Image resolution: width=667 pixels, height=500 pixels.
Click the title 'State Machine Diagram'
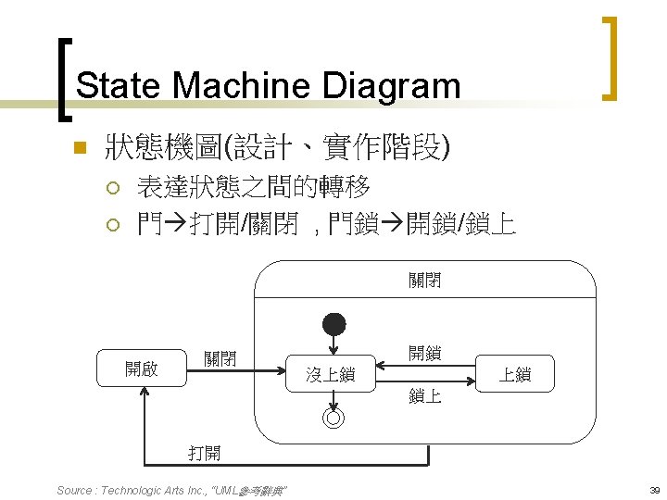point(268,86)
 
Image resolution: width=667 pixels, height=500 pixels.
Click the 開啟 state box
point(142,369)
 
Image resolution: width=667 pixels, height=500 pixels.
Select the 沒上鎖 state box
point(331,374)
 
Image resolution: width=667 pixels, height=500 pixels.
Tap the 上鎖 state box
point(514,374)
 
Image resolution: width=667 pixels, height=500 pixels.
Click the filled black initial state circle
point(333,324)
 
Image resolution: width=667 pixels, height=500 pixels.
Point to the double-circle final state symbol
point(333,418)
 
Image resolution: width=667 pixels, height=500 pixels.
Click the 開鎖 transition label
point(425,353)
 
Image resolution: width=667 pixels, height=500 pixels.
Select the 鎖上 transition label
point(425,396)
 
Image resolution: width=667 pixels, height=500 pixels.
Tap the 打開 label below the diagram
point(204,453)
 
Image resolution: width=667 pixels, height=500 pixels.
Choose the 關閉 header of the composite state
point(424,279)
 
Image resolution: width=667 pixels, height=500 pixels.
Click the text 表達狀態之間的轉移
point(253,188)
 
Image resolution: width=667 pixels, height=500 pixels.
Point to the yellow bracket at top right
point(608,57)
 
